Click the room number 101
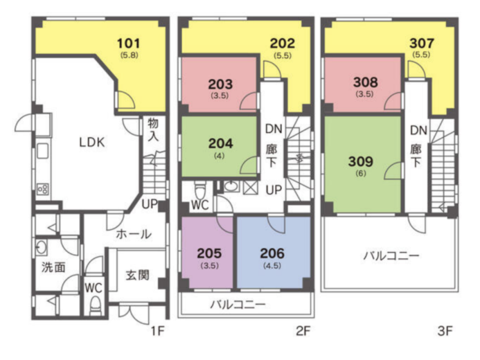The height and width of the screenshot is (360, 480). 129,44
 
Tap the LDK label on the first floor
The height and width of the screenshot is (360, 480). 92,142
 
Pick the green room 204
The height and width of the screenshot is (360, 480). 219,146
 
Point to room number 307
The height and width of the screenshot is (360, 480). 422,43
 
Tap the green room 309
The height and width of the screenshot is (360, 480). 362,164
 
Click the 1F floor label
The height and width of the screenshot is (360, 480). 158,331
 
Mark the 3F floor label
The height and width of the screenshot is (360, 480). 445,331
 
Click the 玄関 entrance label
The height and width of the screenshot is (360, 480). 138,275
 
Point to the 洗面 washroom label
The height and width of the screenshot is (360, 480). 53,267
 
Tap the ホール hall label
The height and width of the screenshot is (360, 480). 134,234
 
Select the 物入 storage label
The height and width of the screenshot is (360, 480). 153,129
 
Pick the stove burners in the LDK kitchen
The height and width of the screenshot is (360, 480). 42,190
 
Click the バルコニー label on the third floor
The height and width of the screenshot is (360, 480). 391,255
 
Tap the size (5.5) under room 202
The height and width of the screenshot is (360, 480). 283,55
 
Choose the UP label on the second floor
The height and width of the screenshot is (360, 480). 274,190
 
